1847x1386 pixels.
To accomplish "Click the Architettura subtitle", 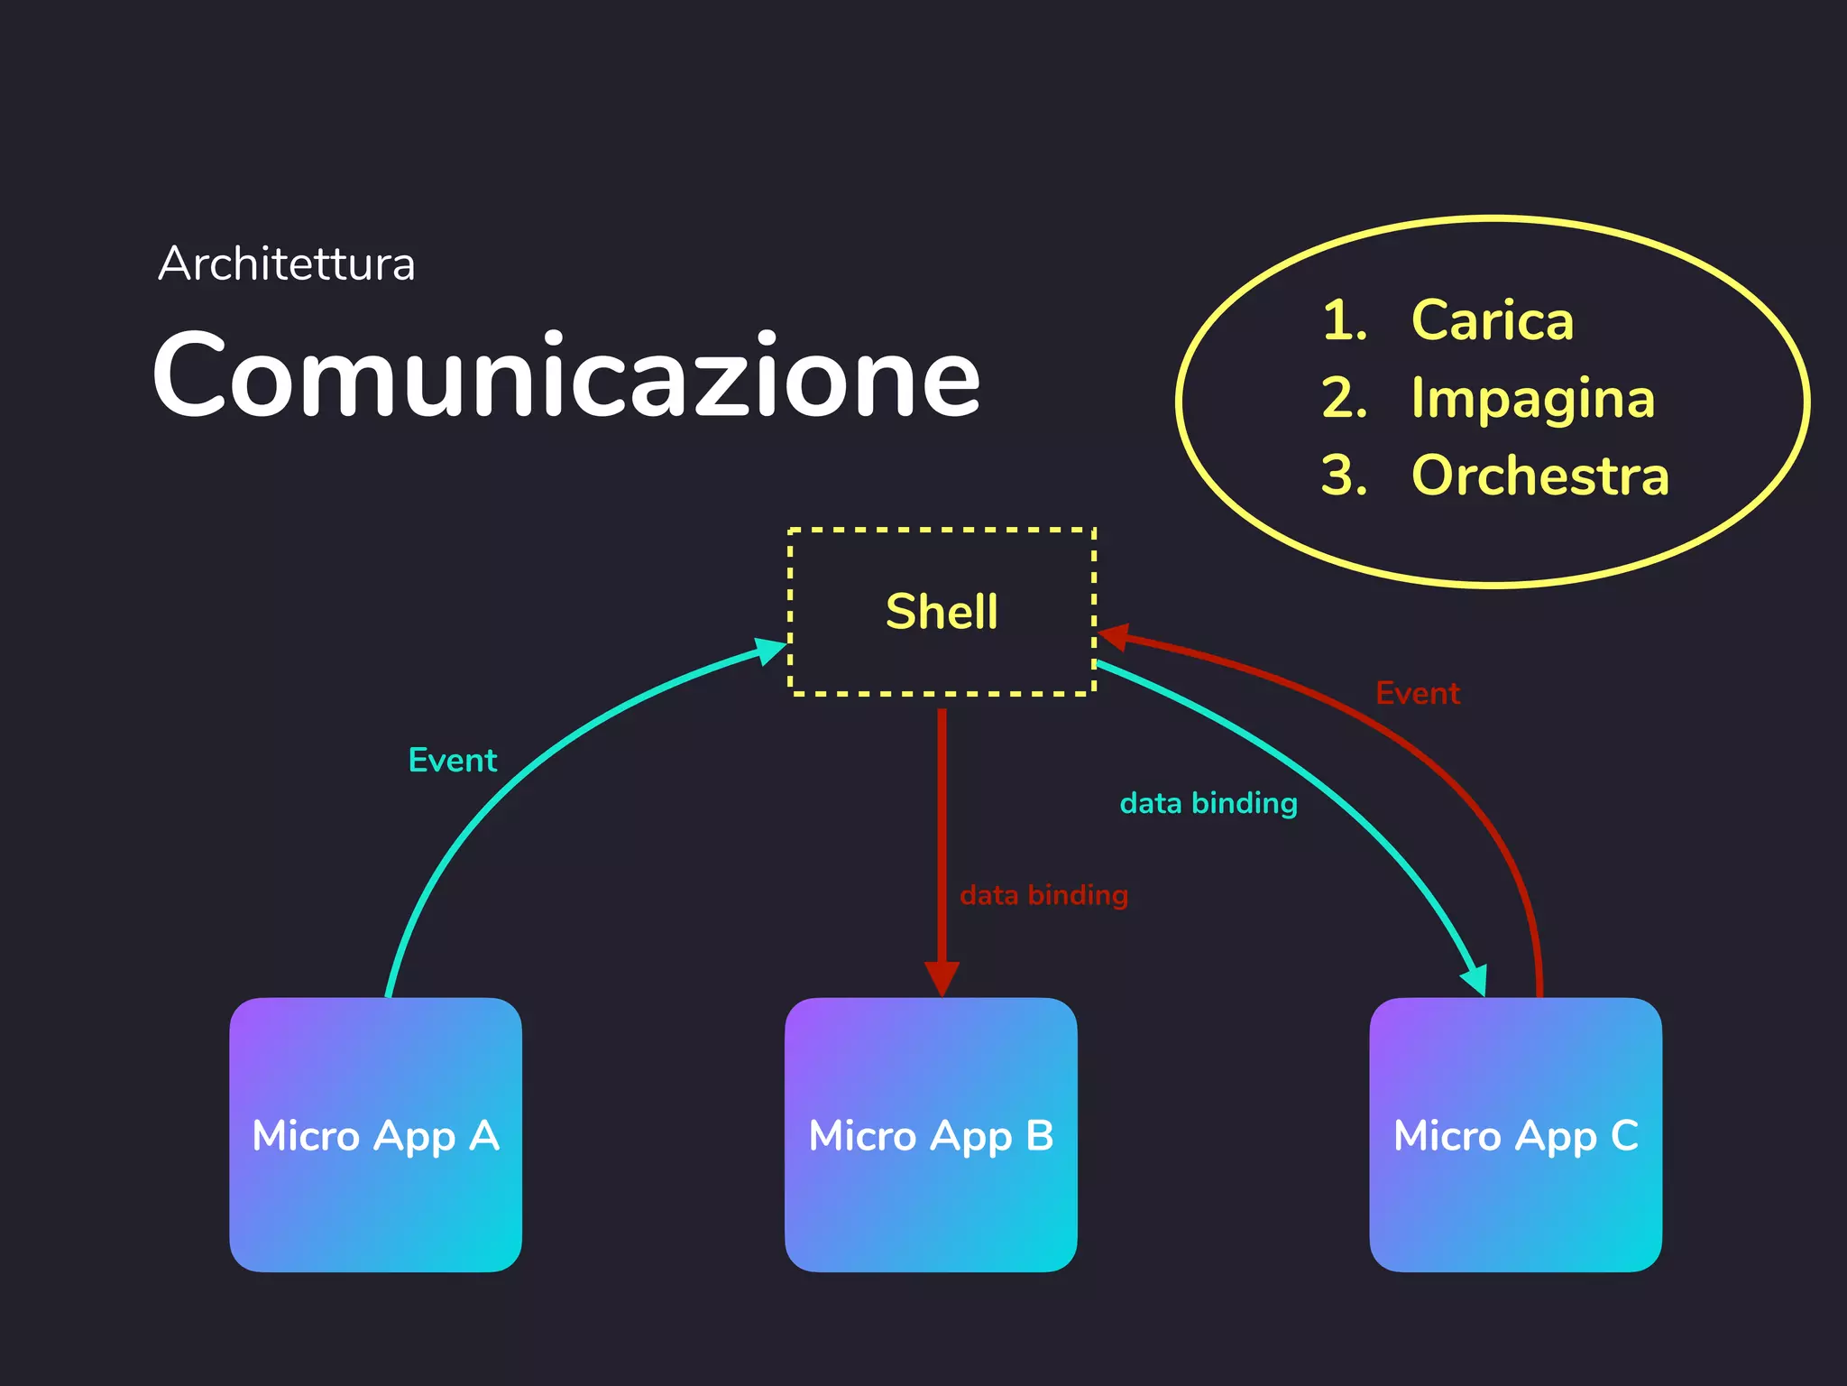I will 287,264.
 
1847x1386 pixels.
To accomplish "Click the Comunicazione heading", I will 566,375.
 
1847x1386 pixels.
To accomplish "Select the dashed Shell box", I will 942,612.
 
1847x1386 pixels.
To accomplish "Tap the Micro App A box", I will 375,1134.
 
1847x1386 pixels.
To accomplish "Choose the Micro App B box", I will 931,1134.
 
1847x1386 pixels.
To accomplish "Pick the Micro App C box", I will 1515,1134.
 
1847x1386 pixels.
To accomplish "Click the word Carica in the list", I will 1493,320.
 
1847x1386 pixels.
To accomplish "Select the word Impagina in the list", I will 1533,398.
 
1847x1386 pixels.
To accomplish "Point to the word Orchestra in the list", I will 1540,476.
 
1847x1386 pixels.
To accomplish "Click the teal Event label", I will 453,761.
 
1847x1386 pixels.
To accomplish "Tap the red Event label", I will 1418,693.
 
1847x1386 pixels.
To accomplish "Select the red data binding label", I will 1043,895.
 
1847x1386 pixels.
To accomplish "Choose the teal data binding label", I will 1208,803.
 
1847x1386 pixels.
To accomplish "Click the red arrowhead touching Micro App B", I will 942,979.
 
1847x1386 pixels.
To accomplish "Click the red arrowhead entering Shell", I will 1113,636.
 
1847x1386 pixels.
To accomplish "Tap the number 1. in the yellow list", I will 1344,320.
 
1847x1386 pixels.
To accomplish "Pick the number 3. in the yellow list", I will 1344,476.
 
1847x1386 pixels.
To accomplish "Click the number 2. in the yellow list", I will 1344,398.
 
